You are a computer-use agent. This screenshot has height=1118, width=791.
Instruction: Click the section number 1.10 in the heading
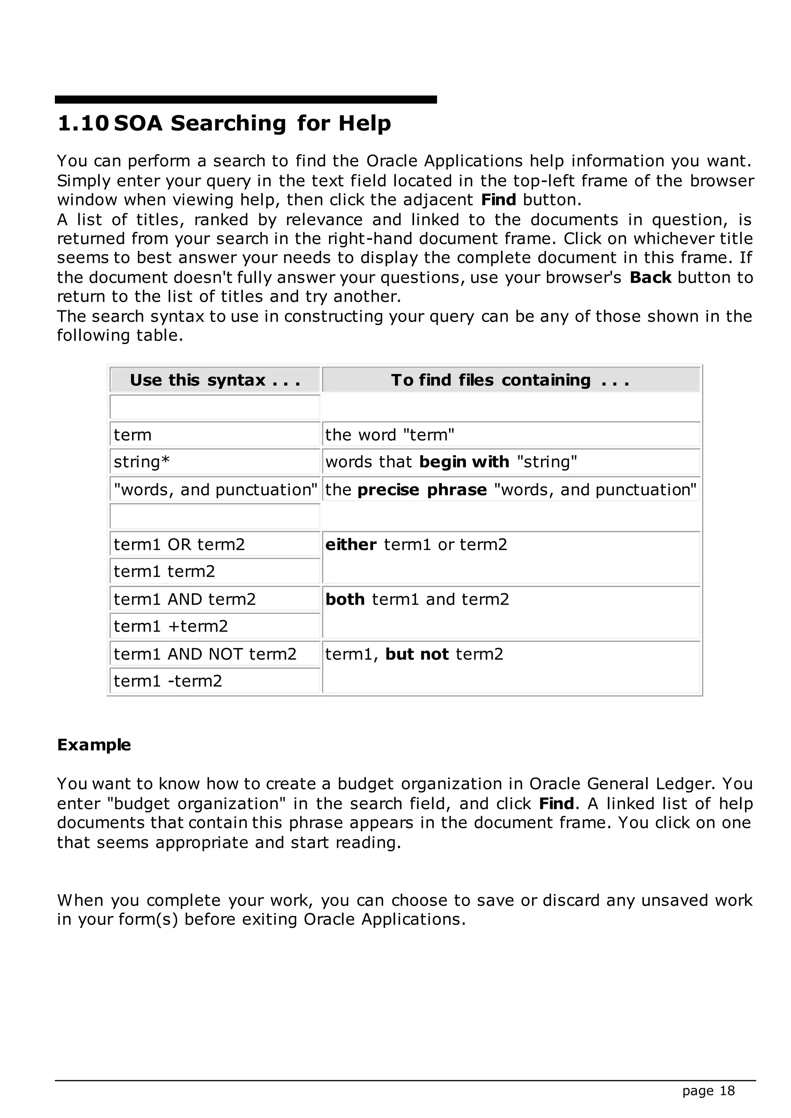tap(83, 123)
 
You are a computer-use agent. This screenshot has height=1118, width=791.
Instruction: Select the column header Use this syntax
tap(215, 380)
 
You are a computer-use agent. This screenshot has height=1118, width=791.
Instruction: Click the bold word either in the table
tap(351, 544)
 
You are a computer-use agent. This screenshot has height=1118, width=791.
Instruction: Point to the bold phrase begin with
tap(464, 462)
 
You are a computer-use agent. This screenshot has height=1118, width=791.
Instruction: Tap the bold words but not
tap(416, 654)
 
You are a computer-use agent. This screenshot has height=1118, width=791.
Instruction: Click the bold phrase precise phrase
tap(422, 490)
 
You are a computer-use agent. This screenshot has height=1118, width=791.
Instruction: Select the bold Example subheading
tap(94, 745)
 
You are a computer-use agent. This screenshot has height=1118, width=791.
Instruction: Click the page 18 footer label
tap(708, 1091)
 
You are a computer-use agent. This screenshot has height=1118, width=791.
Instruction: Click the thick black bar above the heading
tap(246, 99)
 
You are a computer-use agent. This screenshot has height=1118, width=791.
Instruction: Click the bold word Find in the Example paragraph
tap(556, 803)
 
